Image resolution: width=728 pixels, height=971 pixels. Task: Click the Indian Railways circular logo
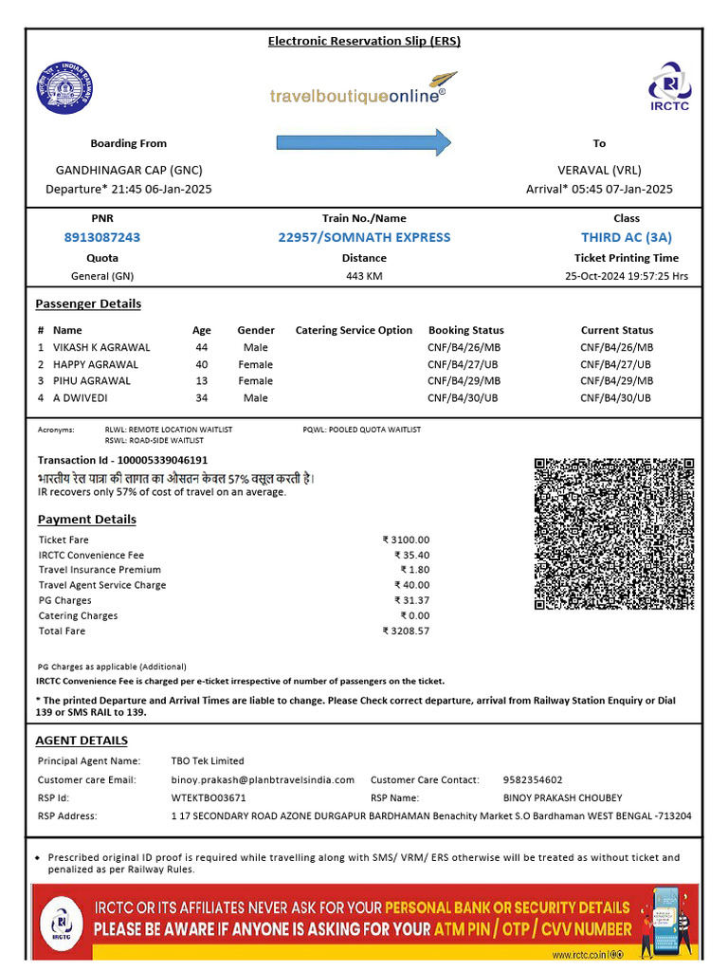(65, 87)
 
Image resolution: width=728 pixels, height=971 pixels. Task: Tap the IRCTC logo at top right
(669, 86)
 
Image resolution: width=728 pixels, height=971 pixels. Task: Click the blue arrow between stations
(364, 142)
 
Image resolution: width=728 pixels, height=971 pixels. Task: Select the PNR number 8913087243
(101, 237)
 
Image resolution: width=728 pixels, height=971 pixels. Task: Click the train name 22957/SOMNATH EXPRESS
(364, 237)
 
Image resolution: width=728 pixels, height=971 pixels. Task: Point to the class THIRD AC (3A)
(627, 237)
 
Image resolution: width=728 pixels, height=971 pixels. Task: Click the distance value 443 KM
(364, 277)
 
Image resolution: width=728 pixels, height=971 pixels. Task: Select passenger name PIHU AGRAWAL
(92, 381)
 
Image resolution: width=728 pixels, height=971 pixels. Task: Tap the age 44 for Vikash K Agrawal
(201, 347)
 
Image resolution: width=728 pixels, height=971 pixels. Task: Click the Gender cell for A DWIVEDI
(255, 398)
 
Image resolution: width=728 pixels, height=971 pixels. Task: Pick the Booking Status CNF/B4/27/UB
(464, 364)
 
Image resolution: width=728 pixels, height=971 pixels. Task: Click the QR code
(613, 534)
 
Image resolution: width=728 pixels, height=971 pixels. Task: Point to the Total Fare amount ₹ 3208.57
(406, 631)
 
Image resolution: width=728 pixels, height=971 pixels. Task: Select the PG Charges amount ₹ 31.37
(411, 600)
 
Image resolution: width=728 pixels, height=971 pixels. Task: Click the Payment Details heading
(86, 520)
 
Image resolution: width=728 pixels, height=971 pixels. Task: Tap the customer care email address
(263, 779)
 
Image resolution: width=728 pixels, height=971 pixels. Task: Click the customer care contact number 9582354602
(532, 779)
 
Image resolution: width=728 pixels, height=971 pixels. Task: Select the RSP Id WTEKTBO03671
(209, 797)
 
